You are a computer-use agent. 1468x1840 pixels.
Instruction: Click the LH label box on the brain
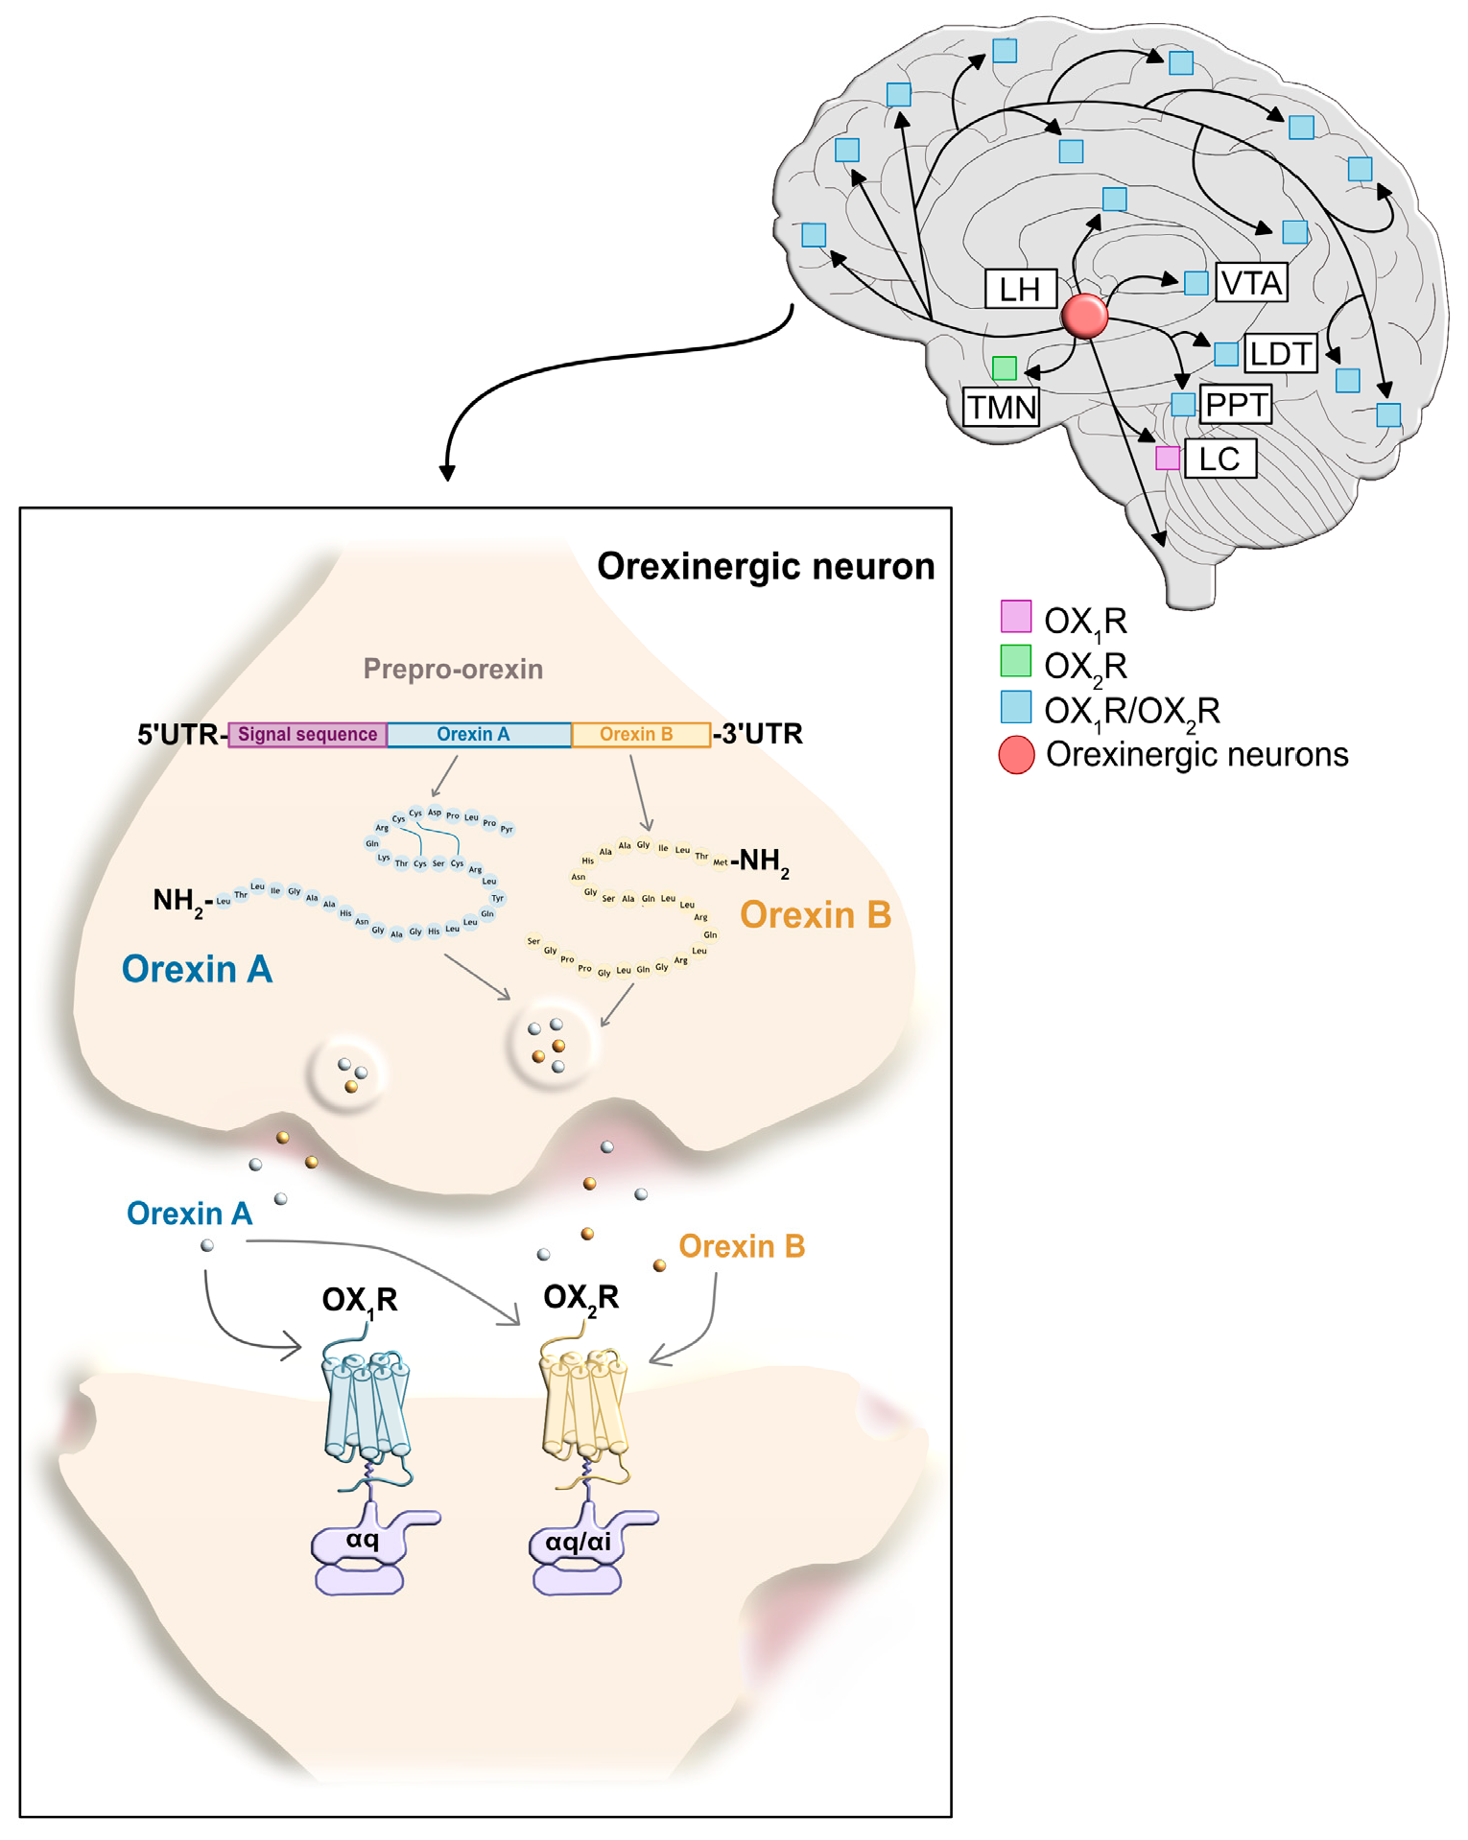(x=1021, y=289)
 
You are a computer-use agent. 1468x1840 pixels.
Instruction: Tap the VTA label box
(x=1251, y=283)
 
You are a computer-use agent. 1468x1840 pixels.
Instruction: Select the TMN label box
(x=1002, y=407)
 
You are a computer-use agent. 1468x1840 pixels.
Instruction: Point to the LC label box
(x=1219, y=459)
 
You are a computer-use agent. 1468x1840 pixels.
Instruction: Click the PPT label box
(x=1236, y=405)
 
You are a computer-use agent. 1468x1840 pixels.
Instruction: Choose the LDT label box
(x=1281, y=354)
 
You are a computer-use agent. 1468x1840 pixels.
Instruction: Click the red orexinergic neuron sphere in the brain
(x=1085, y=316)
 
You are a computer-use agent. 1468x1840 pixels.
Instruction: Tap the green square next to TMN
(x=1005, y=367)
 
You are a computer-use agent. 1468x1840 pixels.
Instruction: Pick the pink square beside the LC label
(x=1168, y=458)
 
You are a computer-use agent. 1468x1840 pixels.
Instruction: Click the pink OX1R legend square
(x=1016, y=616)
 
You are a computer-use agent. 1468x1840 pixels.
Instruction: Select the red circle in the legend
(x=1016, y=755)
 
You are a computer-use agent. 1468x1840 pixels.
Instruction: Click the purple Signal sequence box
(x=307, y=735)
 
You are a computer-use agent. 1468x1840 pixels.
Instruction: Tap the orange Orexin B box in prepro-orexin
(x=640, y=735)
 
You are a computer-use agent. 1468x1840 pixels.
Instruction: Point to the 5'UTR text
(x=178, y=735)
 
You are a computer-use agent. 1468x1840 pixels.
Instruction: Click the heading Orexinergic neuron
(x=766, y=566)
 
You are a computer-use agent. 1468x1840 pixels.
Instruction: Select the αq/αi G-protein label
(x=578, y=1543)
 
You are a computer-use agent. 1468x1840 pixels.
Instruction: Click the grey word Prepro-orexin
(x=453, y=669)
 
